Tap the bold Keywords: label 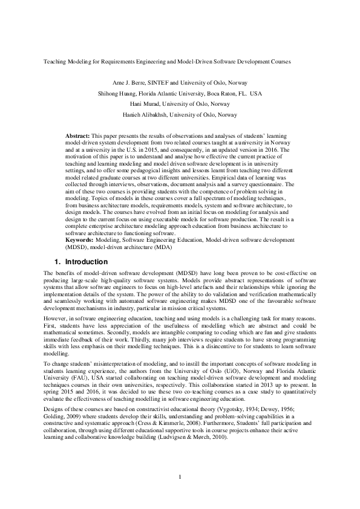79,240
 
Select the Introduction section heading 86,262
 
